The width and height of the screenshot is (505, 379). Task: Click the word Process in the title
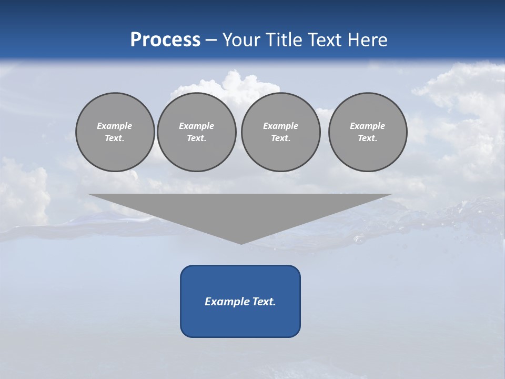(x=165, y=40)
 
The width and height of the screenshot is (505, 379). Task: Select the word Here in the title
(x=367, y=40)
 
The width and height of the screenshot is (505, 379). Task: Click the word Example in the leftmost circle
(x=115, y=126)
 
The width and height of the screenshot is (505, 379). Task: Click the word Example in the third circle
(x=280, y=126)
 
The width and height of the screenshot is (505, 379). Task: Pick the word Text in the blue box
(x=264, y=302)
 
